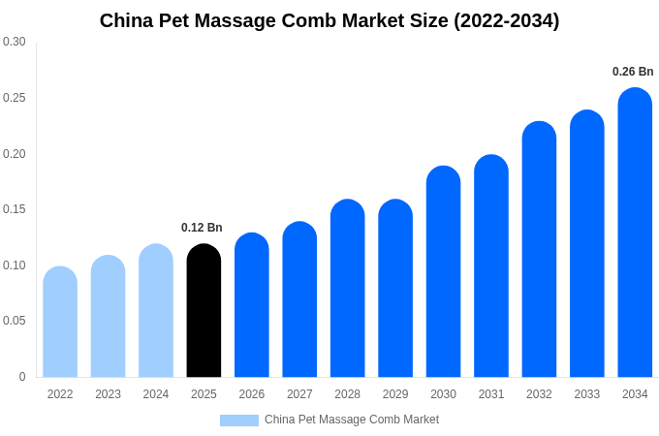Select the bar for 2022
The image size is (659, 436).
pyautogui.click(x=60, y=322)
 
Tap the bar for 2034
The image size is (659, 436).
pyautogui.click(x=635, y=233)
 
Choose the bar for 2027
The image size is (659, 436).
pyautogui.click(x=299, y=299)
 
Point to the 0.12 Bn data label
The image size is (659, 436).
pyautogui.click(x=202, y=228)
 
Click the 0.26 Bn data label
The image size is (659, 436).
pyautogui.click(x=633, y=72)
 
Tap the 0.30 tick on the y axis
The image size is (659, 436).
pyautogui.click(x=15, y=42)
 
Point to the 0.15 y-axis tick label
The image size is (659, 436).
pyautogui.click(x=15, y=209)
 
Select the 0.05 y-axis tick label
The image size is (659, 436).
pyautogui.click(x=15, y=321)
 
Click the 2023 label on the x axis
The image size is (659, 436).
pyautogui.click(x=108, y=394)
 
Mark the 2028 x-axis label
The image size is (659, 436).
pyautogui.click(x=347, y=394)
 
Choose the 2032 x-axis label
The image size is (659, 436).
pyautogui.click(x=539, y=394)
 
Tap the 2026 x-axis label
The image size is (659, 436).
pyautogui.click(x=252, y=394)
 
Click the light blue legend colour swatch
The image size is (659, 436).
pyautogui.click(x=239, y=420)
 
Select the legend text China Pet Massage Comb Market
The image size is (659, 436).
pyautogui.click(x=352, y=420)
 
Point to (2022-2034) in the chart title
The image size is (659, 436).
pyautogui.click(x=507, y=20)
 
